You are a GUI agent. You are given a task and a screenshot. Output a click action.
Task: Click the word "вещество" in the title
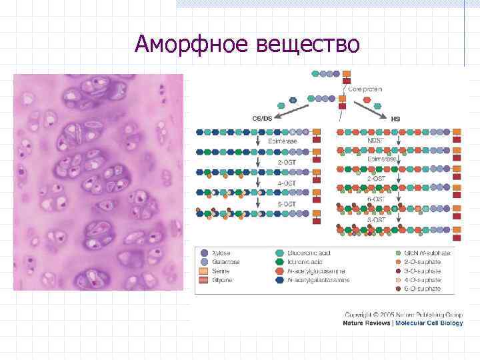click(307, 44)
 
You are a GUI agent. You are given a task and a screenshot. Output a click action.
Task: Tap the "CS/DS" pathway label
click(261, 118)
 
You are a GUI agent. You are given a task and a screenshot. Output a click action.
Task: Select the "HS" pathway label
click(395, 118)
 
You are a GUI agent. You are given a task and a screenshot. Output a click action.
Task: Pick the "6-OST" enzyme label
click(376, 199)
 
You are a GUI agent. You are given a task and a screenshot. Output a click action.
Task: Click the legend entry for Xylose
click(221, 253)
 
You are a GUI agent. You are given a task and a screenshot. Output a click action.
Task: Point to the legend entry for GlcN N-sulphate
click(427, 253)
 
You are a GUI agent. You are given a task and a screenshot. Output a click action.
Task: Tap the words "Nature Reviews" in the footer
click(367, 323)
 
